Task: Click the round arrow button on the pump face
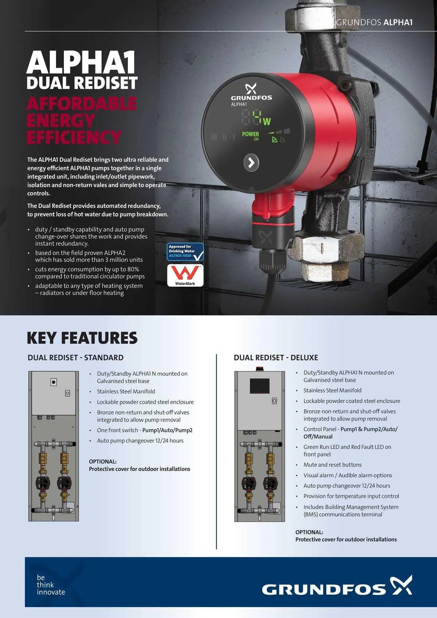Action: tap(251, 162)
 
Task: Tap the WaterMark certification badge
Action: tap(185, 275)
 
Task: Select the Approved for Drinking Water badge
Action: tap(185, 252)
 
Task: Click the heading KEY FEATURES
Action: tap(82, 338)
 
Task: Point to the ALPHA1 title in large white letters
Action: tap(81, 63)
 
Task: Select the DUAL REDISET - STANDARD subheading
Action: tap(76, 358)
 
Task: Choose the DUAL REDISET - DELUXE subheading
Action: tap(276, 358)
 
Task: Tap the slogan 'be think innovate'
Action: tap(51, 584)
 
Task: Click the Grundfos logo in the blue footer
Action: tap(337, 586)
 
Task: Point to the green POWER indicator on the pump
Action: tap(251, 134)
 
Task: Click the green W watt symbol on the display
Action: tap(267, 121)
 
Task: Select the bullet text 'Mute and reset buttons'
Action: tap(332, 465)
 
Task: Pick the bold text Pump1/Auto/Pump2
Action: tap(167, 430)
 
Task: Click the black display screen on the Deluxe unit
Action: tap(260, 386)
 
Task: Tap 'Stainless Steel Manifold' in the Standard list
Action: tap(126, 391)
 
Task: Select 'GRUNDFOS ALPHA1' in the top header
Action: tap(374, 22)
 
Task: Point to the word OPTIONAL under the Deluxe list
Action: tap(309, 532)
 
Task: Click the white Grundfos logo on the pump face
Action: tap(251, 93)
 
